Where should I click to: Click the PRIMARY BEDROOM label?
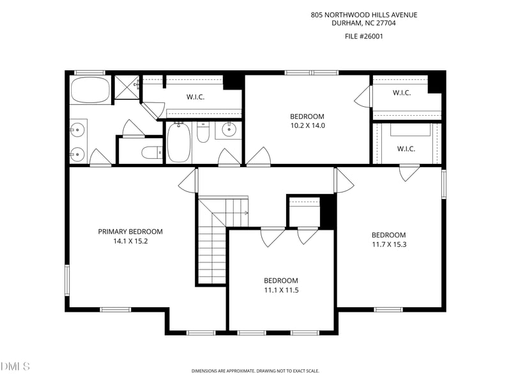[130, 232]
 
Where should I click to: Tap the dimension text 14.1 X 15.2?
[130, 241]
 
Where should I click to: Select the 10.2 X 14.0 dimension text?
[308, 125]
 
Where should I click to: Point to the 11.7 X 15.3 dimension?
[389, 244]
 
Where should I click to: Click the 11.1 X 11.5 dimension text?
[281, 290]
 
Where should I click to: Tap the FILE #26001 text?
[363, 36]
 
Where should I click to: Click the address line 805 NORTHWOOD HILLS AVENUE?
[364, 15]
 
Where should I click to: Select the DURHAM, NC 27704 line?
[363, 23]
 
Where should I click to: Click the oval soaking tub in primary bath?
[90, 90]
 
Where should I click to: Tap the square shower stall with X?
[126, 87]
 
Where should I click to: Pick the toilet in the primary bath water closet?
[152, 152]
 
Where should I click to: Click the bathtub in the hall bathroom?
[179, 142]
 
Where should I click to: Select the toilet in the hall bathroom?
[203, 132]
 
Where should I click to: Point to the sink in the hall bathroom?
[229, 129]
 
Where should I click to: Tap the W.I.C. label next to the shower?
[195, 97]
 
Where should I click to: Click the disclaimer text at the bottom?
[255, 371]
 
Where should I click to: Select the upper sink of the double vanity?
[77, 130]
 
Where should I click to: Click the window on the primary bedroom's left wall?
[67, 280]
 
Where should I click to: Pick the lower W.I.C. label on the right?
[406, 149]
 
